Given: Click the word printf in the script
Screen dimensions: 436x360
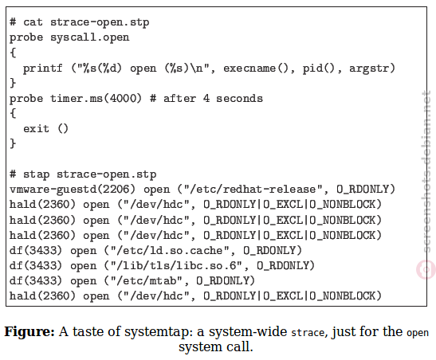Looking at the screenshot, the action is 42,68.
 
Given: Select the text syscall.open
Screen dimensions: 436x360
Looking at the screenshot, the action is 89,37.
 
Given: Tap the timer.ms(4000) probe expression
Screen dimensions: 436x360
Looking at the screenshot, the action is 96,99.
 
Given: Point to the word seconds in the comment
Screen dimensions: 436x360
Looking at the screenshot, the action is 239,99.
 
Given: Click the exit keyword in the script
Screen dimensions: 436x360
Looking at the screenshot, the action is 36,129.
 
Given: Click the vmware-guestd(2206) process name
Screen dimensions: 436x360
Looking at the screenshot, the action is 73,190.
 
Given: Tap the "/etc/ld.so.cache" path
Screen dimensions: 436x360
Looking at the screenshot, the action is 170,251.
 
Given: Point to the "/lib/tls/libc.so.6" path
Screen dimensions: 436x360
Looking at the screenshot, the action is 176,266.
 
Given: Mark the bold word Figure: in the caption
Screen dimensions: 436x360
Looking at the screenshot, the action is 29,332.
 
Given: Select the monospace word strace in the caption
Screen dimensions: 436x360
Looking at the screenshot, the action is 308,333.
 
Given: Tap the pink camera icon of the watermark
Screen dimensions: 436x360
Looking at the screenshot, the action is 426,269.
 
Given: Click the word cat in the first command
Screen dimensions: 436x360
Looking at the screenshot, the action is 33,22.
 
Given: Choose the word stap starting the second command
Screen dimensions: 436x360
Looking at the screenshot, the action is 36,174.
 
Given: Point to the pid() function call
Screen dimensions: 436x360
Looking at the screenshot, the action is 319,68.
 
